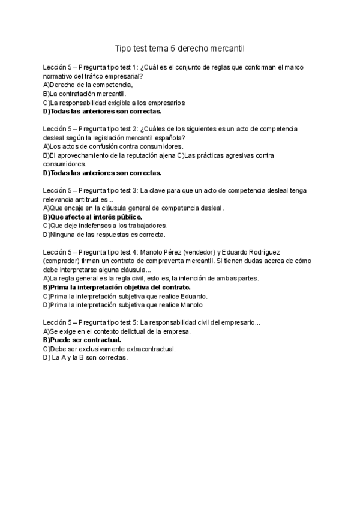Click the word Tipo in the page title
click(x=122, y=47)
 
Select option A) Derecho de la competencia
click(x=88, y=85)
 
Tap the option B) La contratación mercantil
click(x=85, y=94)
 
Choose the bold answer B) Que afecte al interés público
click(x=92, y=217)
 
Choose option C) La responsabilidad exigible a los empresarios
click(x=114, y=103)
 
